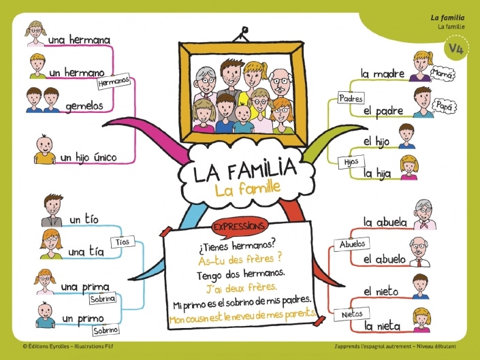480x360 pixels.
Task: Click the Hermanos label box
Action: [x=114, y=82]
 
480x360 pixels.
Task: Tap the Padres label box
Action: [x=351, y=99]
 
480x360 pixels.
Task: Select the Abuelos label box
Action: [x=352, y=244]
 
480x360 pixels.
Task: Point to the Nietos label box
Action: [x=352, y=314]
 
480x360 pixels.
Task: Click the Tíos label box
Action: [x=123, y=242]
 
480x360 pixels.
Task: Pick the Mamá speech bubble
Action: [x=443, y=73]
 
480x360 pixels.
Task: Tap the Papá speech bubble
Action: [x=444, y=106]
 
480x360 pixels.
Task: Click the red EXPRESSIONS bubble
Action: [x=239, y=227]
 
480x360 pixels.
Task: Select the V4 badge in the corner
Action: [x=456, y=48]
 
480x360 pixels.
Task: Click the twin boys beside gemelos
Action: [x=42, y=100]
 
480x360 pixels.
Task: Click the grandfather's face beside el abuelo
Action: [x=418, y=247]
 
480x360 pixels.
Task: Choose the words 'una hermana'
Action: [x=79, y=39]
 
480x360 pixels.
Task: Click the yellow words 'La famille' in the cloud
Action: [x=247, y=189]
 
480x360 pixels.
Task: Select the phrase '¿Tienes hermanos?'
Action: [x=237, y=246]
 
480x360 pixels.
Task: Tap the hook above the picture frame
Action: [x=244, y=35]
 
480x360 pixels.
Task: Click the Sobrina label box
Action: [x=103, y=299]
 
